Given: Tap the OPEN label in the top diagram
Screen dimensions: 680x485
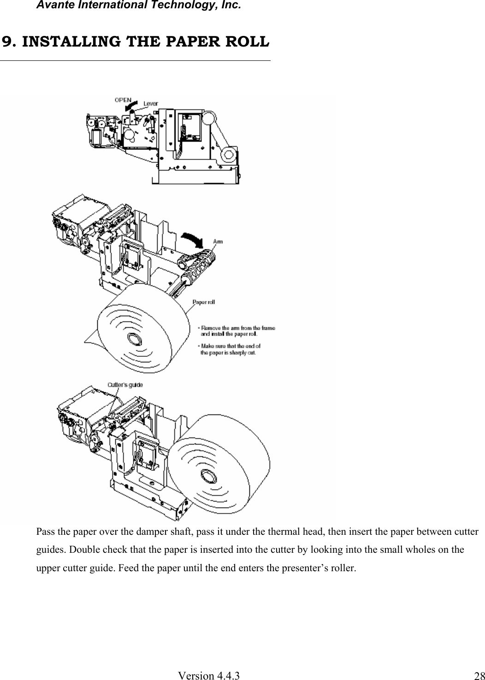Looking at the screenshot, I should pos(123,99).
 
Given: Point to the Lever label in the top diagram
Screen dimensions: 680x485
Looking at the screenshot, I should pos(150,104).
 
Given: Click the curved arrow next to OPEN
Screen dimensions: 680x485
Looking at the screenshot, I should pos(131,106).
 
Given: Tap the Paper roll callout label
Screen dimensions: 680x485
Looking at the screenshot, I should pos(203,302).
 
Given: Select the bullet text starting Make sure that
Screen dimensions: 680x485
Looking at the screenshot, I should pos(230,349).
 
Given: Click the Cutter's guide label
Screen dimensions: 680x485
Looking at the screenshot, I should pos(125,384).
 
